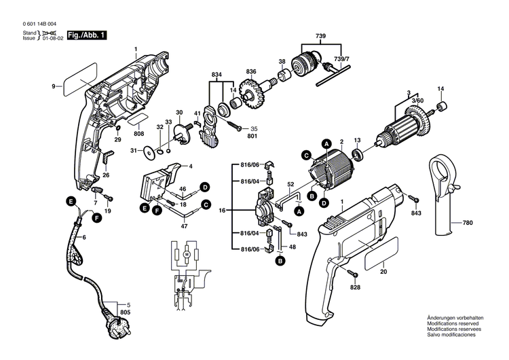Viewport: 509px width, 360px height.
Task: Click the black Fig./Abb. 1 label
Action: (x=85, y=34)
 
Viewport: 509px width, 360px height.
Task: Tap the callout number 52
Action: (x=290, y=184)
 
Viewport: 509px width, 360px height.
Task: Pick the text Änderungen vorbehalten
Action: (x=455, y=319)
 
